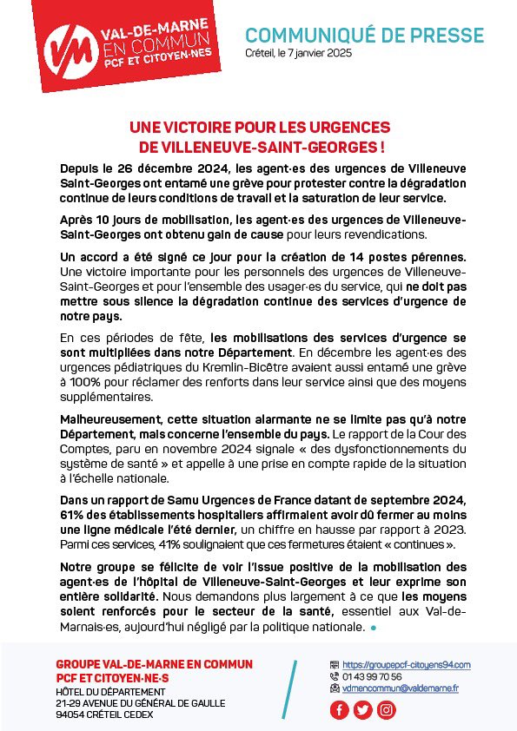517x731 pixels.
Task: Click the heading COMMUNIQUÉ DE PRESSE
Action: [x=364, y=36]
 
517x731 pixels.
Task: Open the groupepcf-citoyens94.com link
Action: [x=406, y=665]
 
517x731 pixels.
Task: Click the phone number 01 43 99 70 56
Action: [x=372, y=676]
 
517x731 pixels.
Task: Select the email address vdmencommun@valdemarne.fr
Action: [x=401, y=688]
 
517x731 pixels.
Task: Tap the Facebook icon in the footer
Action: [x=340, y=709]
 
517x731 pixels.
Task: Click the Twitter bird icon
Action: [x=363, y=709]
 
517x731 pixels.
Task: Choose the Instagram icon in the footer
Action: [x=386, y=709]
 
